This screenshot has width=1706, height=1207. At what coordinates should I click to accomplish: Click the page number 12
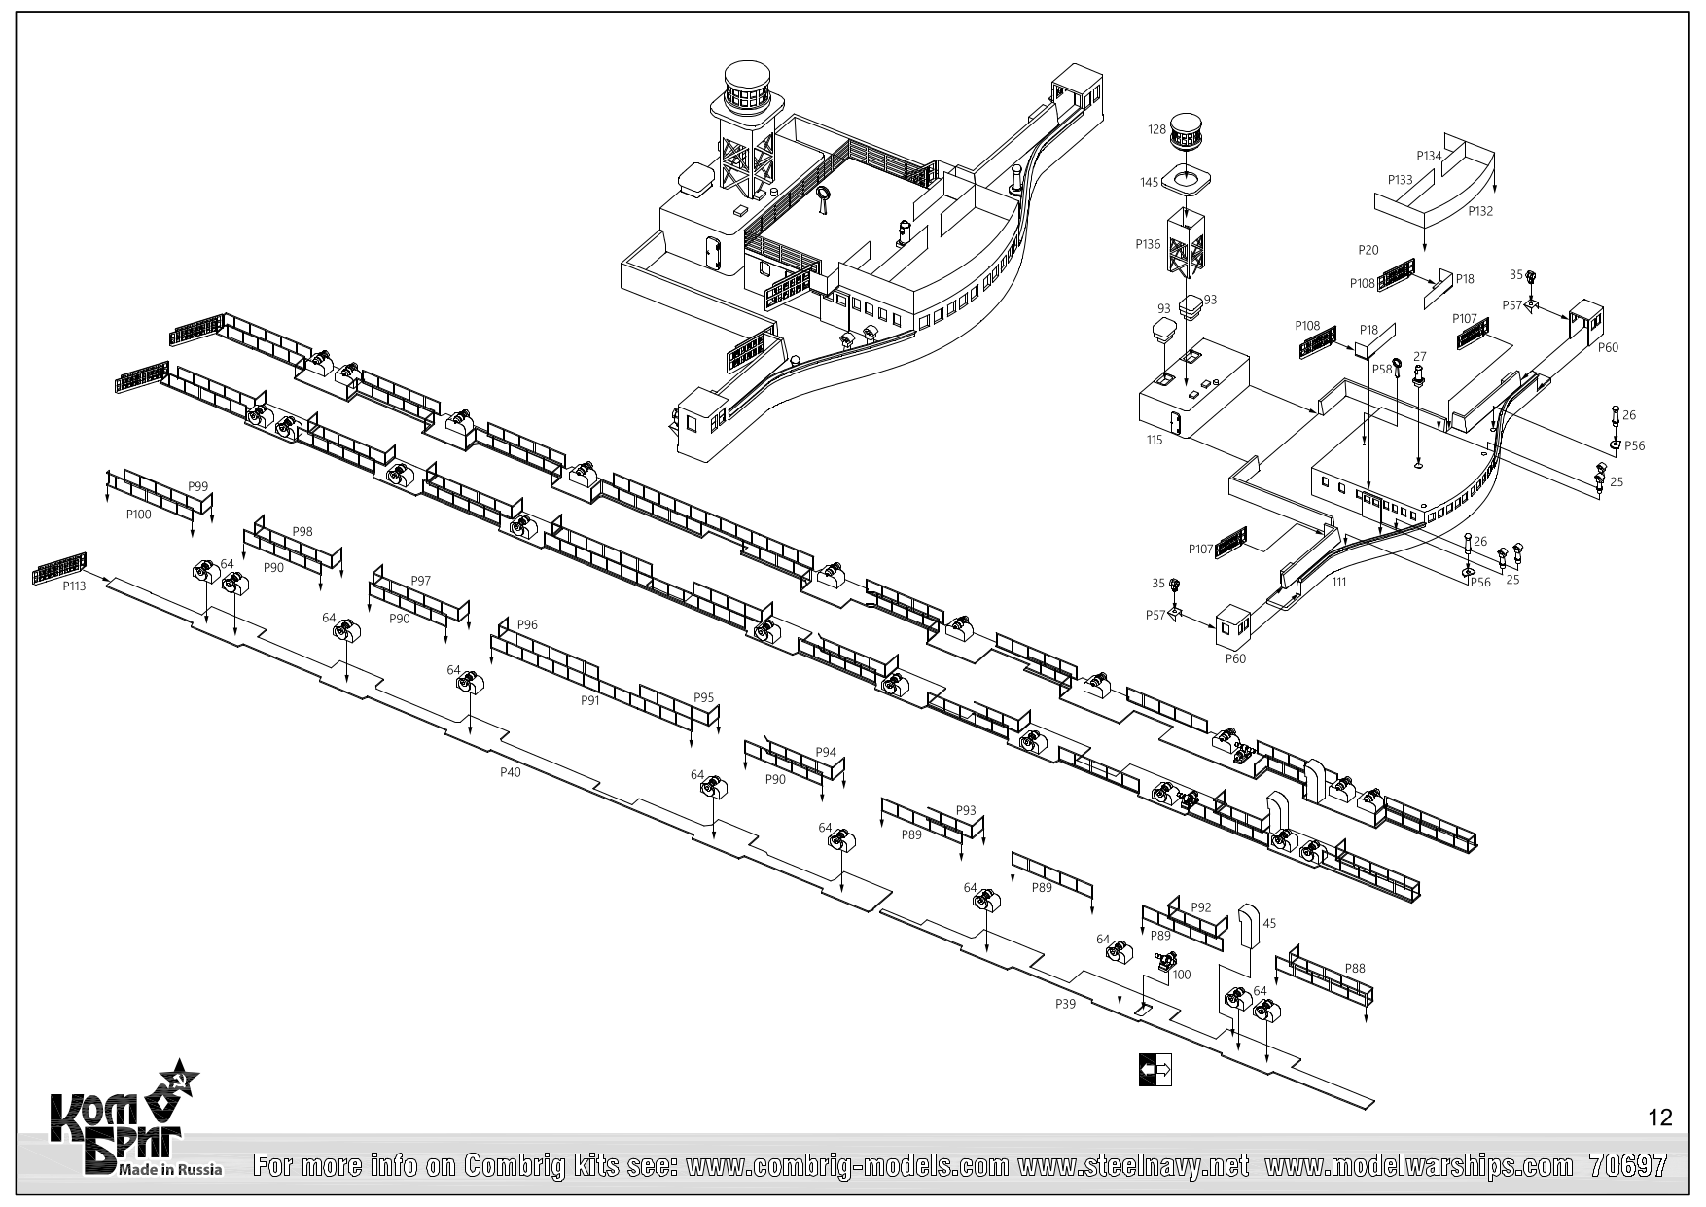click(1661, 1118)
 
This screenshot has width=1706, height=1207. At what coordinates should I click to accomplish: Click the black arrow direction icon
click(1155, 1069)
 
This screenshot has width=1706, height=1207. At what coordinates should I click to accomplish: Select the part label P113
click(74, 586)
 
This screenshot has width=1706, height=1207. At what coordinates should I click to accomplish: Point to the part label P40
click(510, 771)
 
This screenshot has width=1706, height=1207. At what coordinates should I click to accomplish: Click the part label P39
click(1065, 1004)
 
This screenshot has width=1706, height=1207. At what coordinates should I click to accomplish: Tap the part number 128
click(1156, 129)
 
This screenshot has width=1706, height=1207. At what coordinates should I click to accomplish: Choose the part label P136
click(1148, 245)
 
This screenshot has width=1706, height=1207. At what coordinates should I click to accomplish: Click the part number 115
click(1155, 440)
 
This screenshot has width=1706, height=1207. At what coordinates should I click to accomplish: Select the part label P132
click(1480, 211)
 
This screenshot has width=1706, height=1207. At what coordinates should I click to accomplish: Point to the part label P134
click(1429, 156)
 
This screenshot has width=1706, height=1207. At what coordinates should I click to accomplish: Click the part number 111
click(1339, 582)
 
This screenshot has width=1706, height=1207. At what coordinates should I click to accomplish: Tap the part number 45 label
click(1268, 924)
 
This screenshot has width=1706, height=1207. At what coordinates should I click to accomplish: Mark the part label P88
click(1355, 968)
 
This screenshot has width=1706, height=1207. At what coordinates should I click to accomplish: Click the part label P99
click(197, 486)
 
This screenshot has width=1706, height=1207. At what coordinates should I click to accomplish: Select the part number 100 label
click(1182, 975)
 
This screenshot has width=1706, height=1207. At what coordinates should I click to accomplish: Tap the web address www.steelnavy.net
click(1133, 1165)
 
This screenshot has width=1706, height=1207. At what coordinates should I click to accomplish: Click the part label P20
click(1368, 250)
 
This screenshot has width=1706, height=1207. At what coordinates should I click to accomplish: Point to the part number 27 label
click(1419, 357)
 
